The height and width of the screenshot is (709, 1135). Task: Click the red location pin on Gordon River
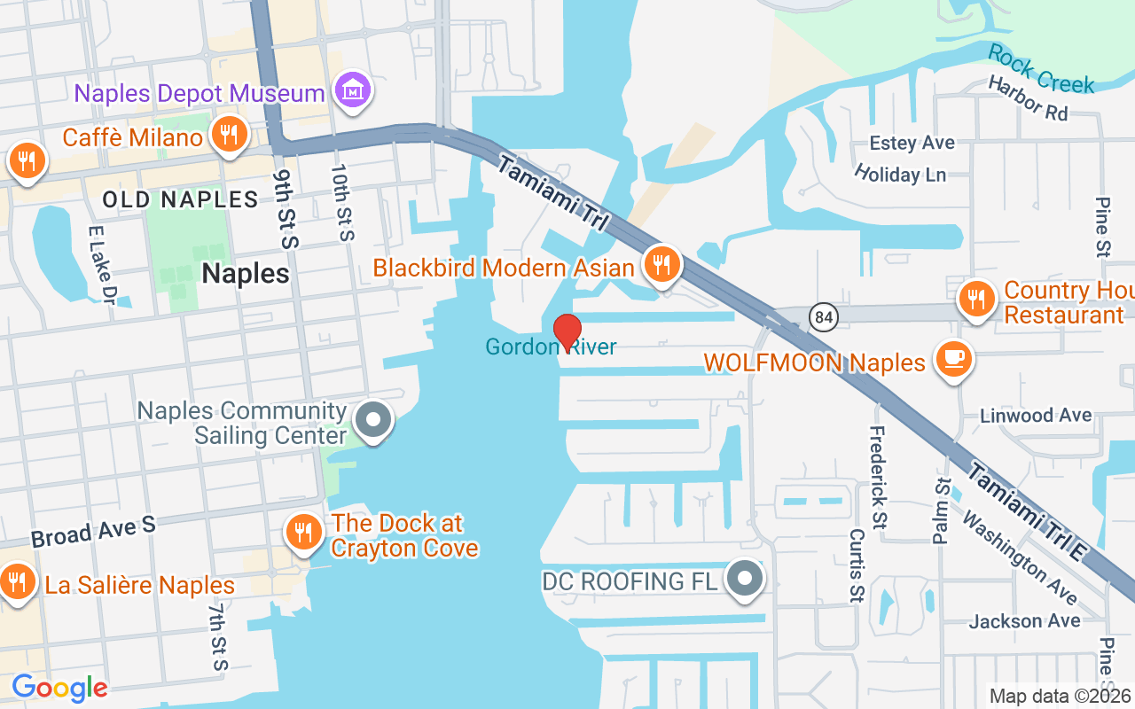click(x=567, y=331)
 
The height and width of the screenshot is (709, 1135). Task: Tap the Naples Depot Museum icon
click(x=353, y=90)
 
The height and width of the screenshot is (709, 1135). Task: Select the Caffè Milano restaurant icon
click(x=229, y=136)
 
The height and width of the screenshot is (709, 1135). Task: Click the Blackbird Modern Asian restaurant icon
click(x=661, y=264)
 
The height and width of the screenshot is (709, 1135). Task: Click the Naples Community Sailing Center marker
click(x=374, y=419)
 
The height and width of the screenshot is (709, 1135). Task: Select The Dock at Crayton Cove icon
click(x=303, y=532)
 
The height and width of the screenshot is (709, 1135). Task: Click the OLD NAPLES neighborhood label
click(x=180, y=199)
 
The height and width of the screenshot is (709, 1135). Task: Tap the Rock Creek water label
click(x=1041, y=68)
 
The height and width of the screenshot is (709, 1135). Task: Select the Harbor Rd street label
click(x=1028, y=98)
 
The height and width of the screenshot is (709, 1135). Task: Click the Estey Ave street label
click(x=912, y=143)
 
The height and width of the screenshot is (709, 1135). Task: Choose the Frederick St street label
click(x=878, y=477)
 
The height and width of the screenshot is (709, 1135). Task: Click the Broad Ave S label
click(x=93, y=532)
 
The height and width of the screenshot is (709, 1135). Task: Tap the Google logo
click(x=59, y=688)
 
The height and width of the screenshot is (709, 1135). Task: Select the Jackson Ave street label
click(x=1024, y=620)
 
